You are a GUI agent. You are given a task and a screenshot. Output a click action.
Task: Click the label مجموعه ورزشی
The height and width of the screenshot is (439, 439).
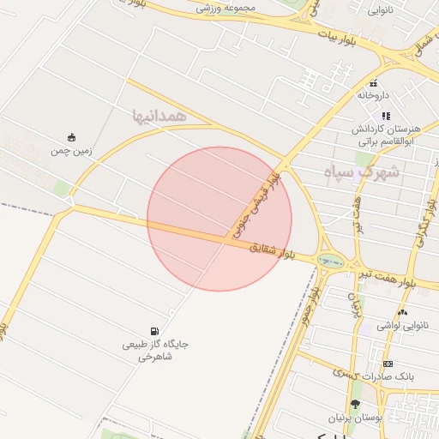227,9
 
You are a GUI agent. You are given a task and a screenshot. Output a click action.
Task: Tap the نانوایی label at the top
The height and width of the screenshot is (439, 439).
382,11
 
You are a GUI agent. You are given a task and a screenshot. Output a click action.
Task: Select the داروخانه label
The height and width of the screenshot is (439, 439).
374,95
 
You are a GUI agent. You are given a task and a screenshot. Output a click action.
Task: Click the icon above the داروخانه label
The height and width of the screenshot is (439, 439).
374,83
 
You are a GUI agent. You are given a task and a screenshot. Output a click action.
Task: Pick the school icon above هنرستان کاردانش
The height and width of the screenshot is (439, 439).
386,115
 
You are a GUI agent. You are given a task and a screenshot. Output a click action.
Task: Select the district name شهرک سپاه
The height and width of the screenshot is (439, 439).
362,171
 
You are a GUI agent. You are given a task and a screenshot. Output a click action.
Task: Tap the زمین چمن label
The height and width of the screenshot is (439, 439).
71,151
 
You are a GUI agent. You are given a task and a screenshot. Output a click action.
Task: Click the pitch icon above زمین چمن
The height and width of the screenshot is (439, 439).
71,137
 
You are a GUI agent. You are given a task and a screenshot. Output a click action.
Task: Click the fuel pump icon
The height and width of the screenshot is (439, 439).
154,331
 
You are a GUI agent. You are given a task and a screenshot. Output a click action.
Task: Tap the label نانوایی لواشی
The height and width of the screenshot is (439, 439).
401,327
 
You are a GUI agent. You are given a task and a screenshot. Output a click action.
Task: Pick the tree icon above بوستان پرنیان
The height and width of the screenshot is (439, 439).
355,404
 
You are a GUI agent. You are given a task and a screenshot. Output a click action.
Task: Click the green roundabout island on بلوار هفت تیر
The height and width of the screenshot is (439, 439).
327,260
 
